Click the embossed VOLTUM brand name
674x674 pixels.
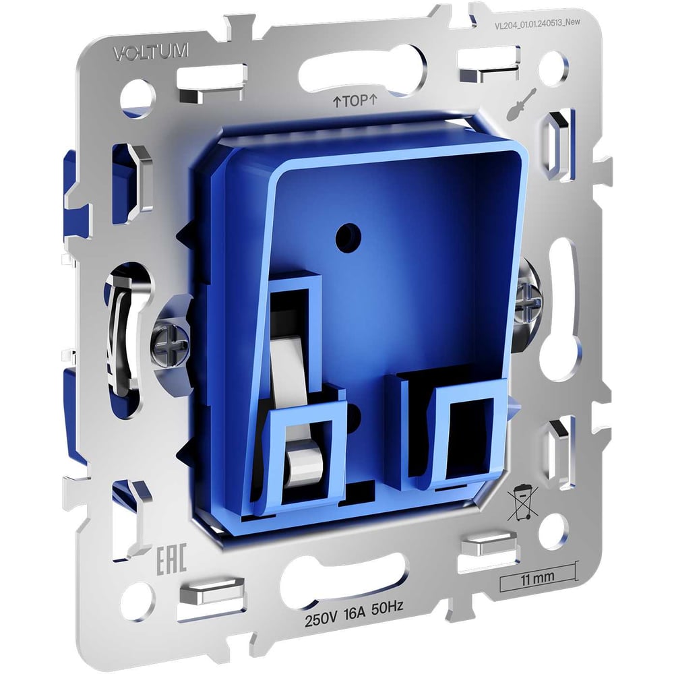(x=151, y=52)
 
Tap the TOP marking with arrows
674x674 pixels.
(x=355, y=101)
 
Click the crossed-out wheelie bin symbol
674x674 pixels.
(x=523, y=502)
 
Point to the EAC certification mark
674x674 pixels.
(x=171, y=561)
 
